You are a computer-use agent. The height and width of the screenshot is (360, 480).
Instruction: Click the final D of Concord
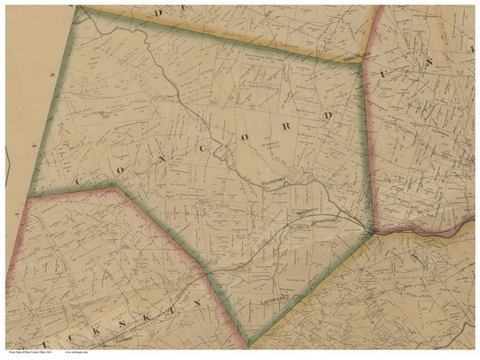coord(326,115)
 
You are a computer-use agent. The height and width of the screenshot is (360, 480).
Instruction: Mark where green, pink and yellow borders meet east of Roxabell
coord(373,231)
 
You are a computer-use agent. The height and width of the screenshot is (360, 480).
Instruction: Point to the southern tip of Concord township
coord(249,345)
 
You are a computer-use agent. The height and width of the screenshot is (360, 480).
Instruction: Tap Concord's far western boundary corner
coord(30,196)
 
